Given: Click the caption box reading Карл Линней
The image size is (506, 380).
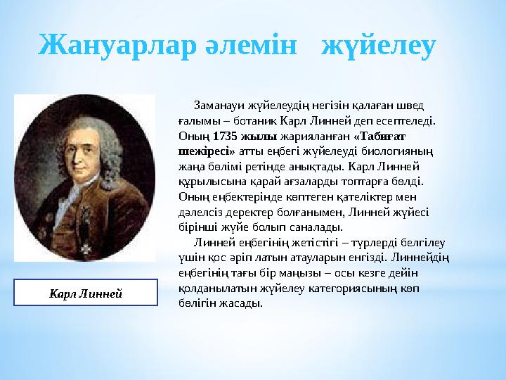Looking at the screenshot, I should pos(85,292).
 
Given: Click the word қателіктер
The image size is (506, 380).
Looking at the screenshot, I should pos(379,196).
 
